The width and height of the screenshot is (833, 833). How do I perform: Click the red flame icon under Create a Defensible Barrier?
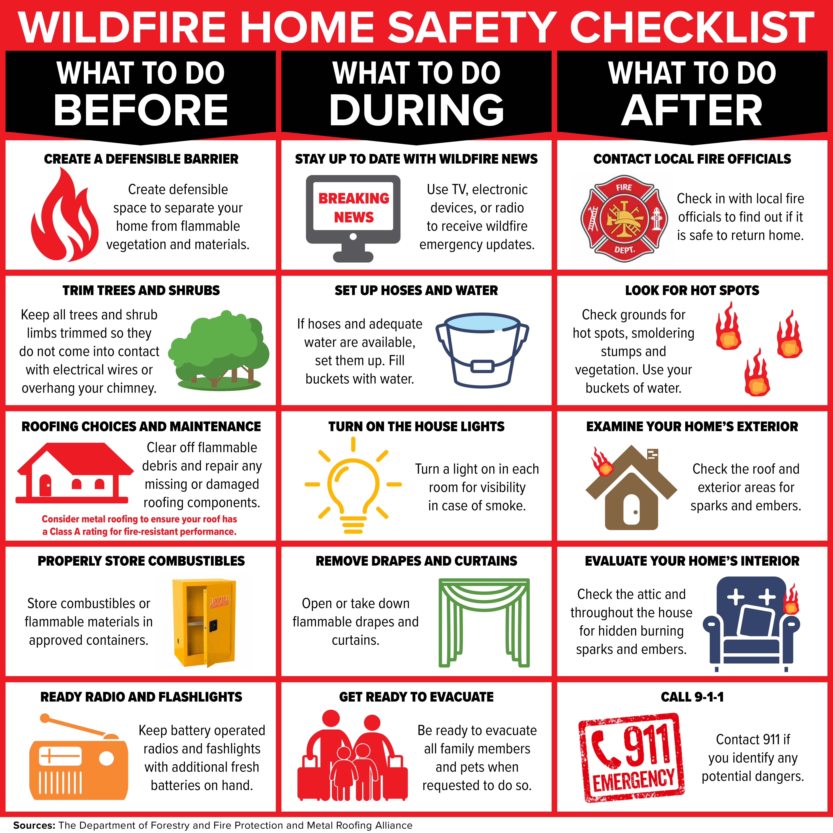65,216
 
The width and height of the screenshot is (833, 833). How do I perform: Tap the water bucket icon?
482,349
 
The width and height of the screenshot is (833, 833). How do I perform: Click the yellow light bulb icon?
353,485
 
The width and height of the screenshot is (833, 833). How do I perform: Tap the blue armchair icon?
750,623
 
